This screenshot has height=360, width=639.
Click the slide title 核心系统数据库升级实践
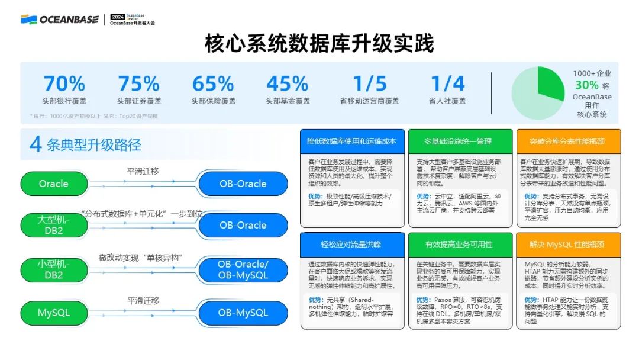pos(319,44)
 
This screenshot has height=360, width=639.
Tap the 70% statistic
pos(64,83)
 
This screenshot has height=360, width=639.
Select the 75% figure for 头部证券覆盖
pos(138,83)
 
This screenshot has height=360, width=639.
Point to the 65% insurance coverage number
pos(213,83)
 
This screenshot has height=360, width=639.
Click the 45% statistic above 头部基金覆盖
pos(288,83)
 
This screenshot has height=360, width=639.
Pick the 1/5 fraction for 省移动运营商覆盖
pos(369,83)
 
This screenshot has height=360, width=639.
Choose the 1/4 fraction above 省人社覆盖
pos(447,83)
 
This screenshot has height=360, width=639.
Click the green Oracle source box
pos(54,184)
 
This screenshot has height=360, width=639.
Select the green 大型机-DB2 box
pos(54,225)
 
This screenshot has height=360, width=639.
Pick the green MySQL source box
pos(54,313)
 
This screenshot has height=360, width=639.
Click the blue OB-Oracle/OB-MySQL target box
pos(243,270)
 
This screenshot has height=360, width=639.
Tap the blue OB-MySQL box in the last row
pos(243,313)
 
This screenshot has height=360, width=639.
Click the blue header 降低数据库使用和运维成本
pos(351,142)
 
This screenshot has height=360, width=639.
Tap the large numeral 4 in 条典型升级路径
pos(35,144)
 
